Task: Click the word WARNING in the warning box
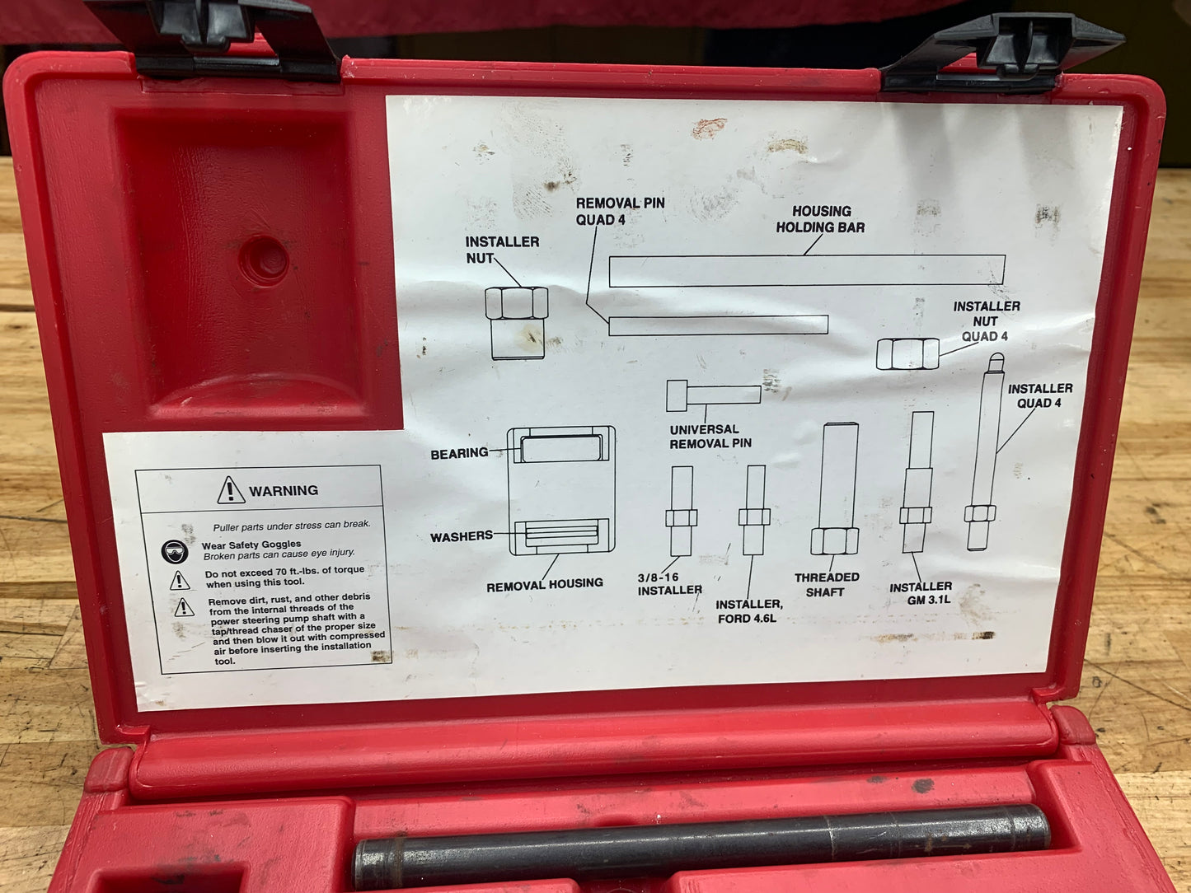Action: coord(284,491)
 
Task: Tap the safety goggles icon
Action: coord(175,552)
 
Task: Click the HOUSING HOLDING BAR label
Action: coord(820,219)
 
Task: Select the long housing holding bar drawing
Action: coord(807,270)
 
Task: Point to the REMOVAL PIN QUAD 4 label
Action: coord(620,211)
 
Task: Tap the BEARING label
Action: coord(459,454)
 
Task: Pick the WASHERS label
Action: coord(462,537)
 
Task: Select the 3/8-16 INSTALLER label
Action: coord(669,584)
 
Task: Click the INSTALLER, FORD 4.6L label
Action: coord(748,611)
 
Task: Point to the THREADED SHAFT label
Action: coord(827,585)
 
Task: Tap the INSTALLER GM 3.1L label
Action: coord(921,592)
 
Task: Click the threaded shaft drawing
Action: coord(836,489)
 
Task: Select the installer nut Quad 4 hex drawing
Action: coord(907,354)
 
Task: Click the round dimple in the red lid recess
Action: coord(264,260)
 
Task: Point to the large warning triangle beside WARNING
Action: coord(231,490)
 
